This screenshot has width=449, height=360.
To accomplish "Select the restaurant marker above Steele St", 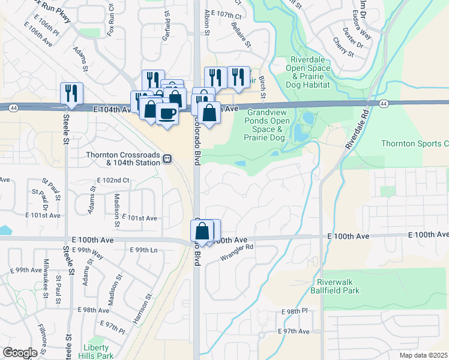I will (71, 92).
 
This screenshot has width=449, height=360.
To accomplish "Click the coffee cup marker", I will (167, 113).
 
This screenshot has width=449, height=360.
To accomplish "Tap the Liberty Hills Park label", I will (95, 351).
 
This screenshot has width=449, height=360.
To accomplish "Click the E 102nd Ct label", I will (113, 180).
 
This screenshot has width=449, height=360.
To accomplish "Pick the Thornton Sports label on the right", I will (415, 143).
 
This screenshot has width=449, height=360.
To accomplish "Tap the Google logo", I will (20, 353).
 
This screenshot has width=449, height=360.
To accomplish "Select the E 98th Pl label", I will (294, 312).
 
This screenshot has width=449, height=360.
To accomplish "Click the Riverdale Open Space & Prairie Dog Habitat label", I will (310, 73).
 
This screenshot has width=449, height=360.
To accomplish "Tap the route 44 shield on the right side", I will (383, 104).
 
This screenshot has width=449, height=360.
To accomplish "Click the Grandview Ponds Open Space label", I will (268, 125).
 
